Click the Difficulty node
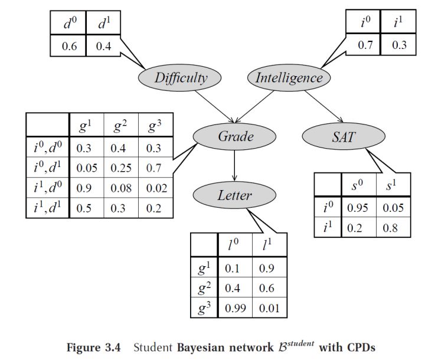[180, 77]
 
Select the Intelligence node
[289, 77]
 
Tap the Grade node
[235, 136]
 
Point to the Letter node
[234, 195]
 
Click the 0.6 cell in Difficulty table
[68, 45]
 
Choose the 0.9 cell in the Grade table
[87, 188]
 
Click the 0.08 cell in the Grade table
[122, 188]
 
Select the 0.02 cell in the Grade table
[156, 188]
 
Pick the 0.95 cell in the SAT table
[357, 208]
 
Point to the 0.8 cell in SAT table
[391, 227]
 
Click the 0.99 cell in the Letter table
[237, 308]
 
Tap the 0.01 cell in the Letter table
[269, 308]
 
